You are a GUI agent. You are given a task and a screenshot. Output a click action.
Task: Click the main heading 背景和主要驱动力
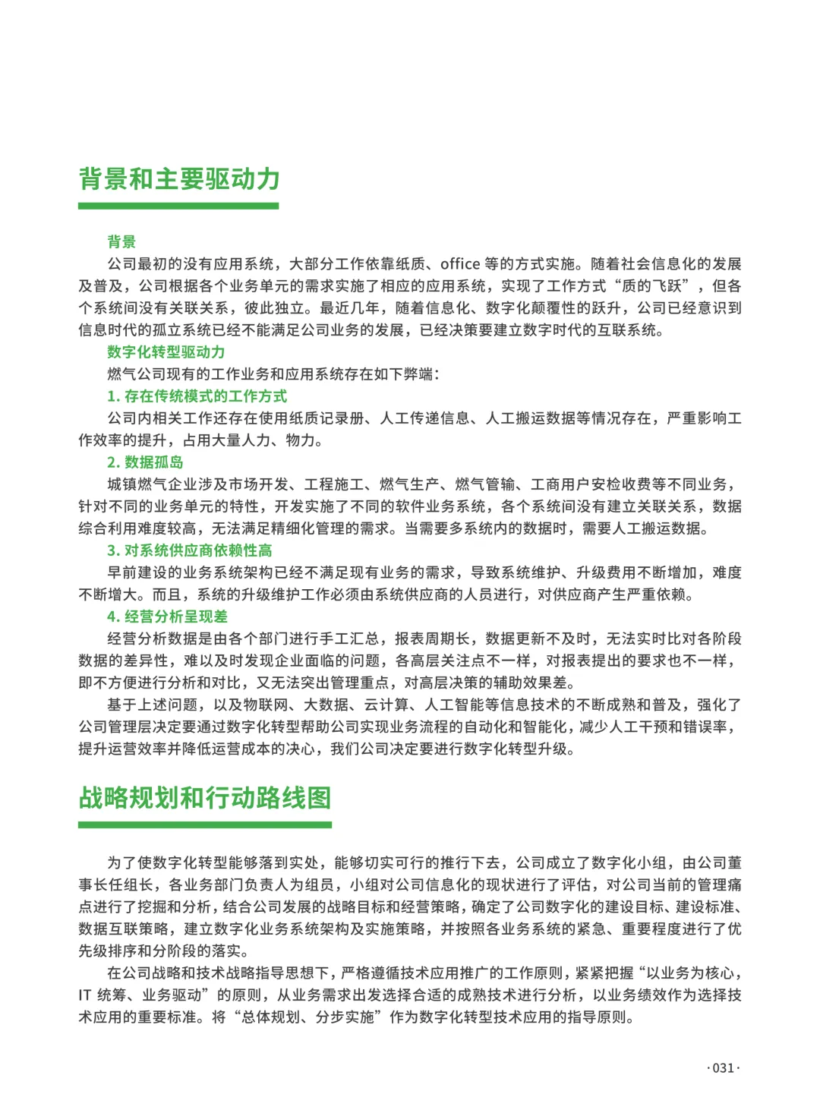[179, 179]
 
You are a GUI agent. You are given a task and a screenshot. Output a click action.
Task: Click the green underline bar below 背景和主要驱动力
[178, 206]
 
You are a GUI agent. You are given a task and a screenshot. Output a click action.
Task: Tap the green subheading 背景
[121, 242]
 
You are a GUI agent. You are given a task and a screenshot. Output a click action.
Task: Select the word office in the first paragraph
[460, 264]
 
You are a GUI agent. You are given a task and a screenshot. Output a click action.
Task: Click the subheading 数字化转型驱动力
[166, 352]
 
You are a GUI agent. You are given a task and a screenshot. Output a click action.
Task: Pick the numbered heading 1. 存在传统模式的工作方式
[197, 396]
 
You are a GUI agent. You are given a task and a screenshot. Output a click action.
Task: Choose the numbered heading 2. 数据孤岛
[145, 462]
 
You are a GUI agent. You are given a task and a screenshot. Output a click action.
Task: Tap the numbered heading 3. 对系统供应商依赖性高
[189, 550]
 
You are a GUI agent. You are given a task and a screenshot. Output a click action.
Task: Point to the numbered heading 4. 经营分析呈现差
[167, 616]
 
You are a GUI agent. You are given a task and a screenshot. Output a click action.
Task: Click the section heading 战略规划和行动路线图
[205, 798]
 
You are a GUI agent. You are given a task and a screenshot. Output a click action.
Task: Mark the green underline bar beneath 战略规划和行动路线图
[205, 825]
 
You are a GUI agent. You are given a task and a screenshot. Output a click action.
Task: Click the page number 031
[723, 1067]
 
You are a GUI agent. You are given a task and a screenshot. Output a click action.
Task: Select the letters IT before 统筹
[85, 995]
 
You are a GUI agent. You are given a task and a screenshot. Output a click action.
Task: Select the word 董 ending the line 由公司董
[734, 863]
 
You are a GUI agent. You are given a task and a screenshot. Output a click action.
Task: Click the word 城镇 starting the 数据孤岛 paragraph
[122, 484]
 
